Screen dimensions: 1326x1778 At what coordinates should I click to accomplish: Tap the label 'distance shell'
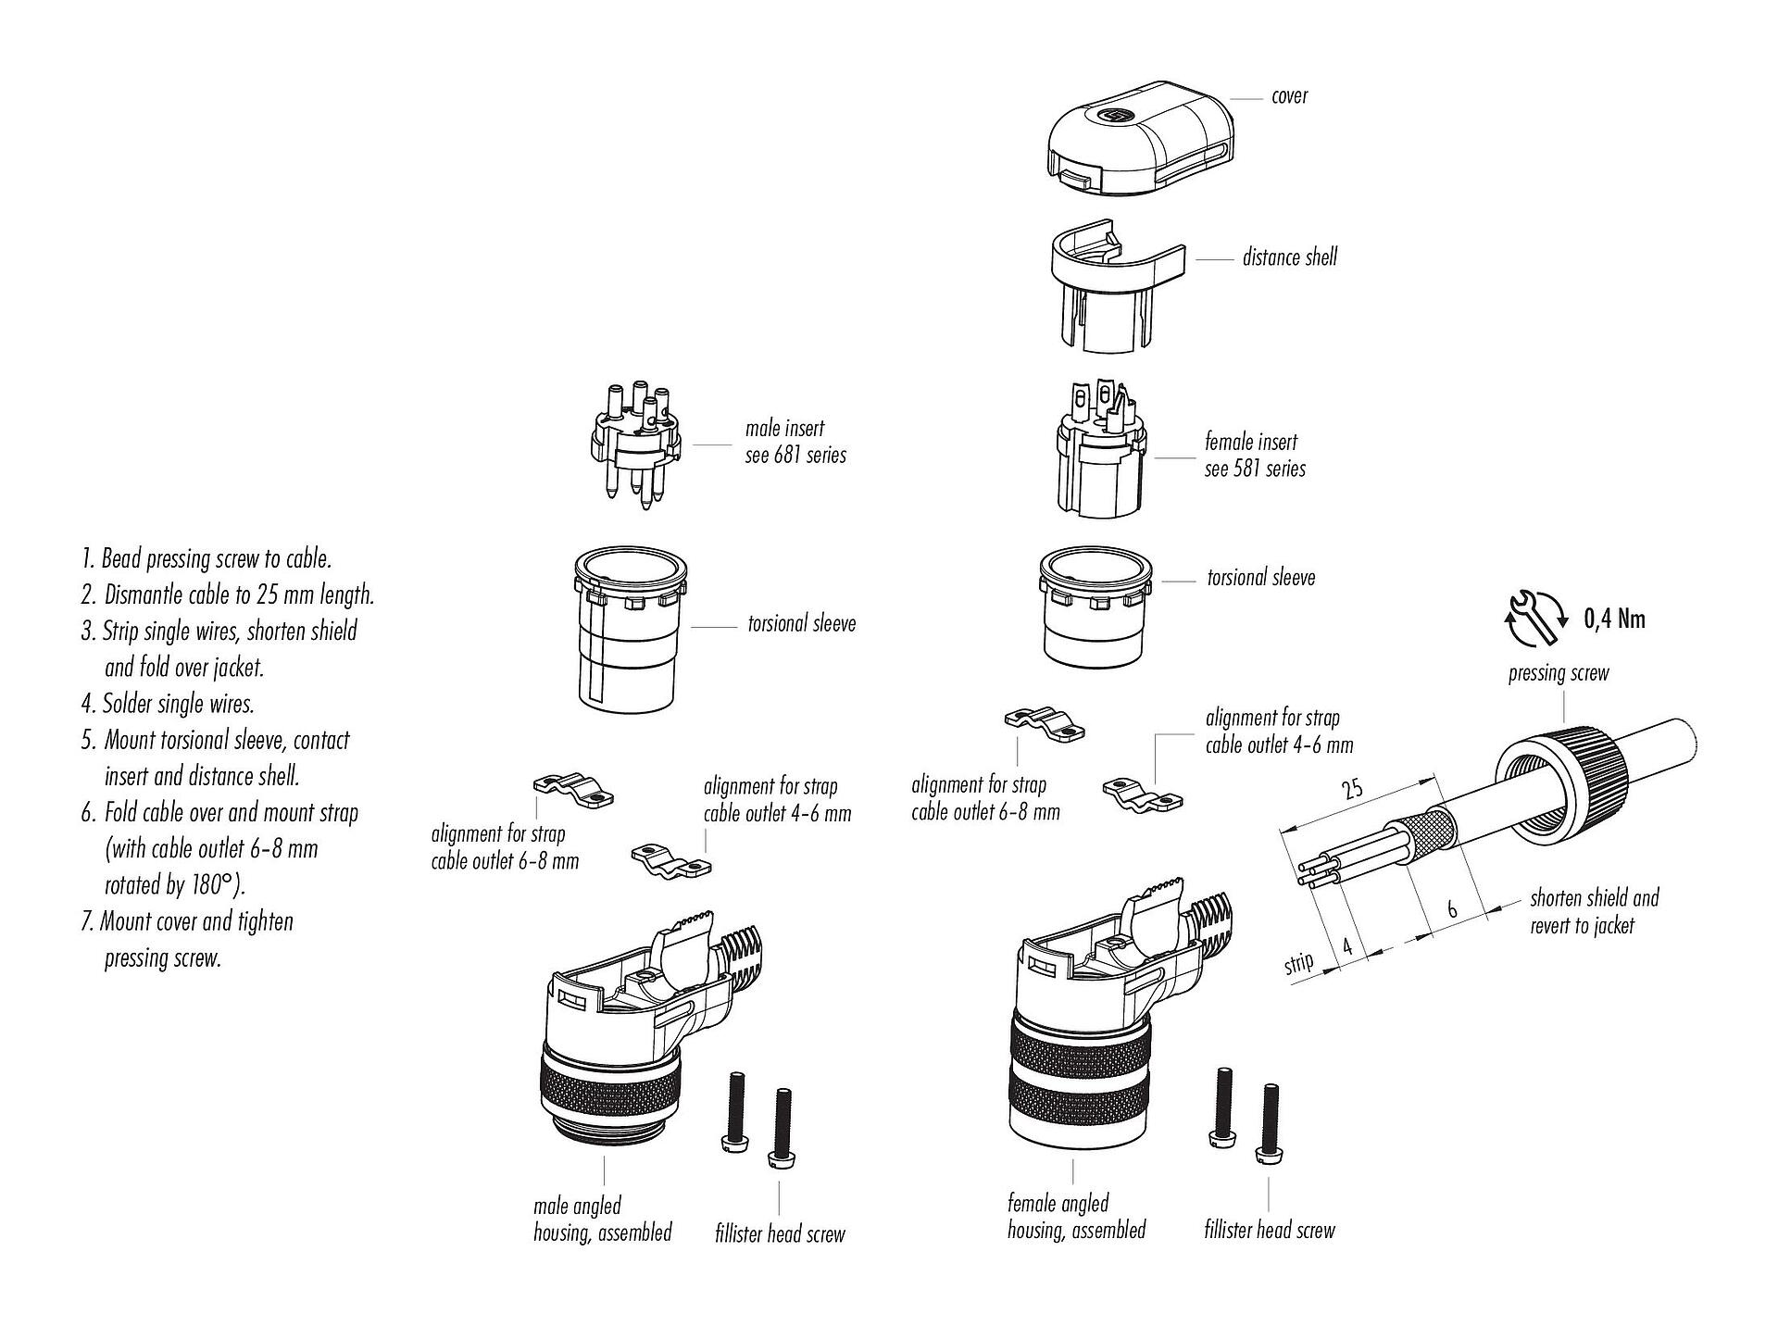click(x=1289, y=257)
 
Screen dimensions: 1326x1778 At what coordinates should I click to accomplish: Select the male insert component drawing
click(x=633, y=440)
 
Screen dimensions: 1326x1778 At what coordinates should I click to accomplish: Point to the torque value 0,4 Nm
click(x=1614, y=619)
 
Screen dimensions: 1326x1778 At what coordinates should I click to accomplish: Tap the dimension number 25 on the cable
click(x=1352, y=790)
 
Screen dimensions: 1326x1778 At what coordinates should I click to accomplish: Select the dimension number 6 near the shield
click(x=1452, y=909)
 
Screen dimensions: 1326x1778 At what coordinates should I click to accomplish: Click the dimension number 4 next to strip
click(x=1347, y=946)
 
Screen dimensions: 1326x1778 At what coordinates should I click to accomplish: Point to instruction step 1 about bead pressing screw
click(x=206, y=559)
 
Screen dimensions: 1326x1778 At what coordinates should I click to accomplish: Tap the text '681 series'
click(x=809, y=456)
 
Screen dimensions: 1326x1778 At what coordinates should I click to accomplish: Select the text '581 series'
click(x=1269, y=469)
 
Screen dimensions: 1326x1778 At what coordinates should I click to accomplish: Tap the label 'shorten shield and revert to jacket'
click(x=1594, y=911)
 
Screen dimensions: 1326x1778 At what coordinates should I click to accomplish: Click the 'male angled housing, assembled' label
click(x=602, y=1219)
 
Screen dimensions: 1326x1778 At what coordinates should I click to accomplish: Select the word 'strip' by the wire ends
click(x=1298, y=964)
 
